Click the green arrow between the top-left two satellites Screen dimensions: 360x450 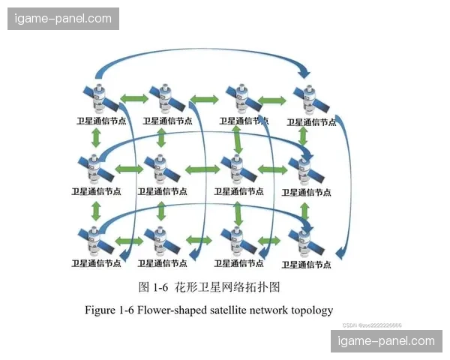[133, 97]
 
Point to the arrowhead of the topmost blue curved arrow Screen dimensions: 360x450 [304, 73]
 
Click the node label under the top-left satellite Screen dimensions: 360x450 [101, 120]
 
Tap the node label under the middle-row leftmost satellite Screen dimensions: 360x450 [96, 191]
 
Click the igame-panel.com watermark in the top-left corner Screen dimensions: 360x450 [63, 18]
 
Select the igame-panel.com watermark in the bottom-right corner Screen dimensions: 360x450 [386, 341]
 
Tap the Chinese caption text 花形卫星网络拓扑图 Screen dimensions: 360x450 [227, 287]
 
